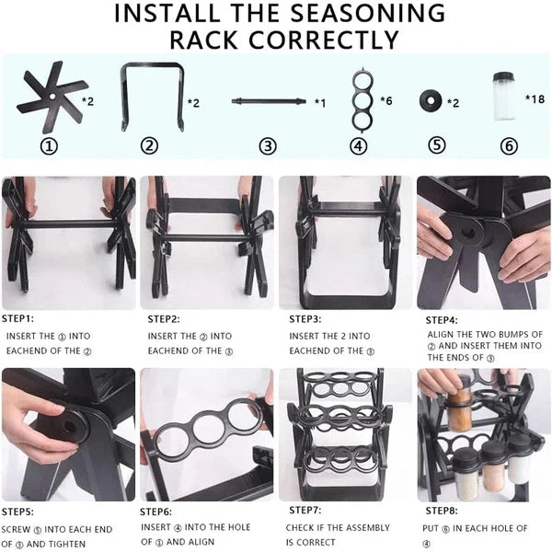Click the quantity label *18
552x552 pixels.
(x=535, y=98)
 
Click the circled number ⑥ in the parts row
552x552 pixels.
(x=509, y=145)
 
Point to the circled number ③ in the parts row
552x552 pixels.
(x=268, y=145)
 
